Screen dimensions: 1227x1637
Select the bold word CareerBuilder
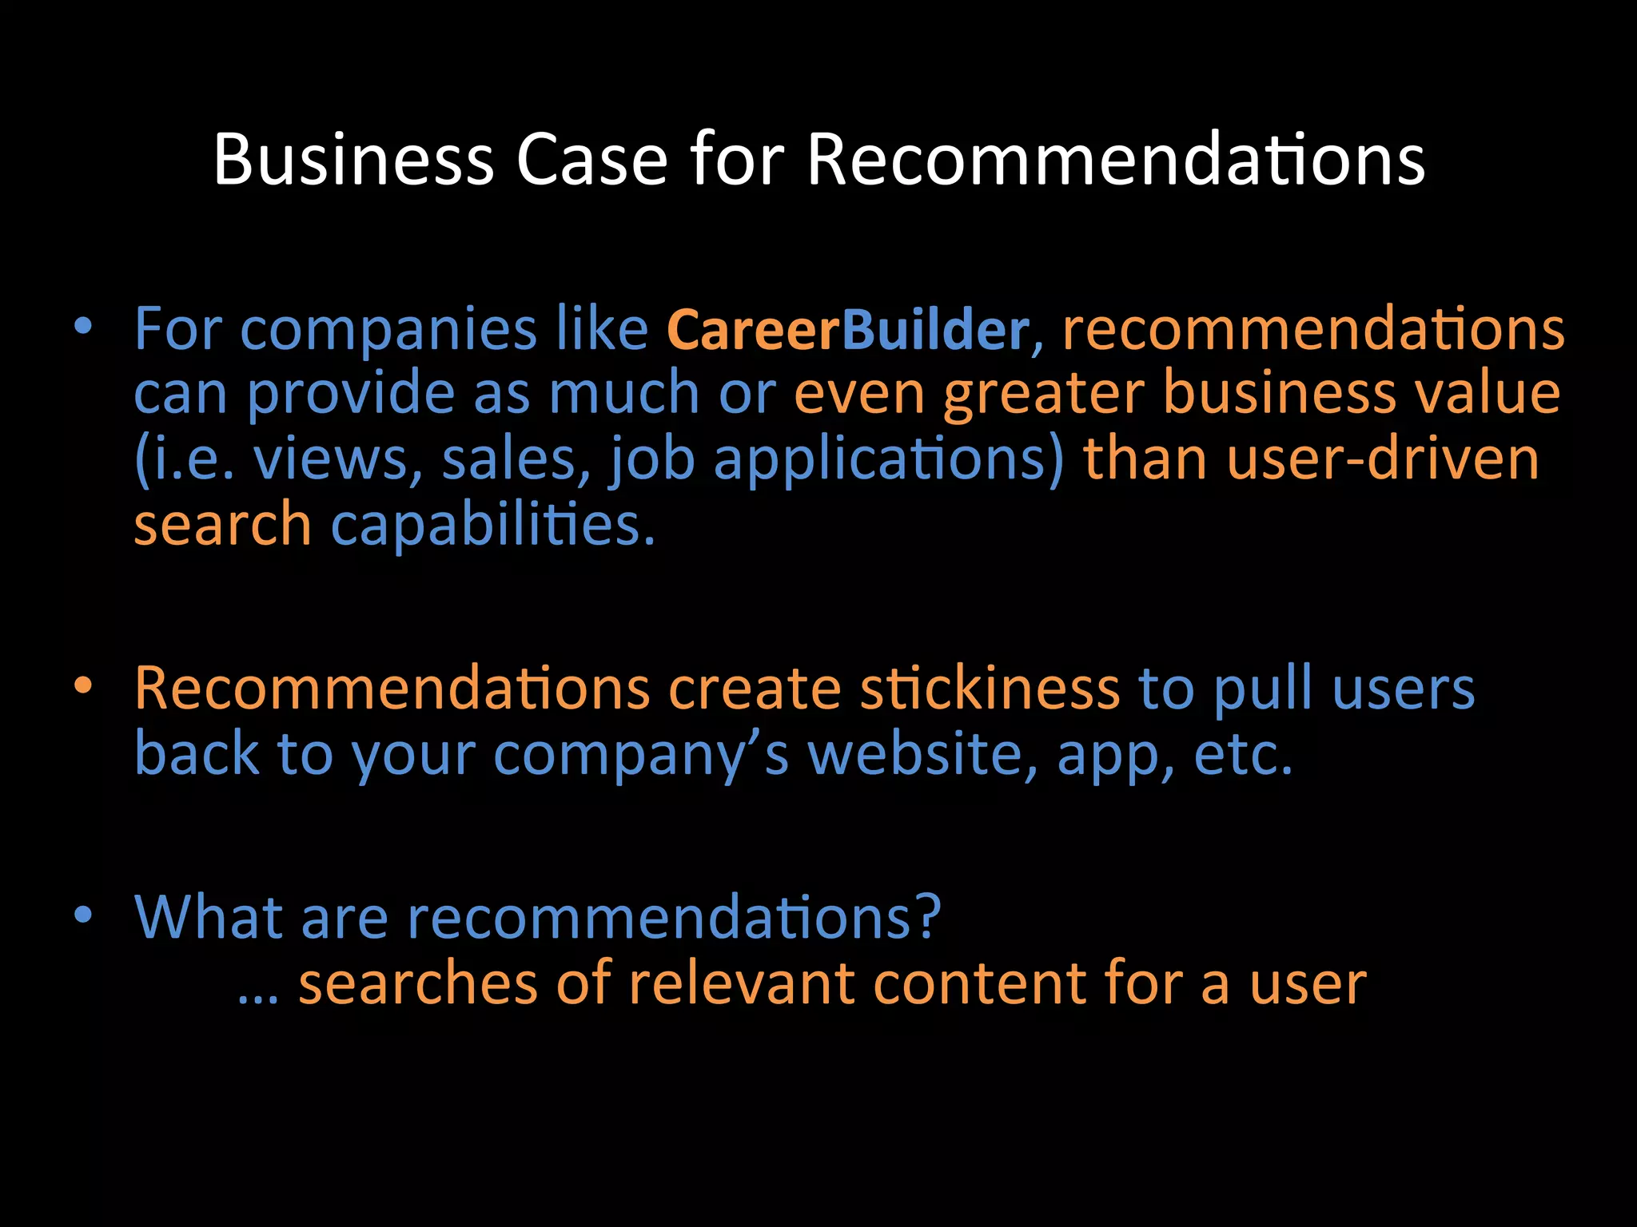point(847,330)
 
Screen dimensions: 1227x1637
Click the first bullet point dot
point(83,327)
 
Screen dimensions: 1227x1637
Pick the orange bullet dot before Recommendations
point(83,686)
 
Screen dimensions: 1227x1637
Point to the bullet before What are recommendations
point(83,915)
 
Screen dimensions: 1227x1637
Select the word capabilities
point(492,526)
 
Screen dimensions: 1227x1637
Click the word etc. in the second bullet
point(1242,754)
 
